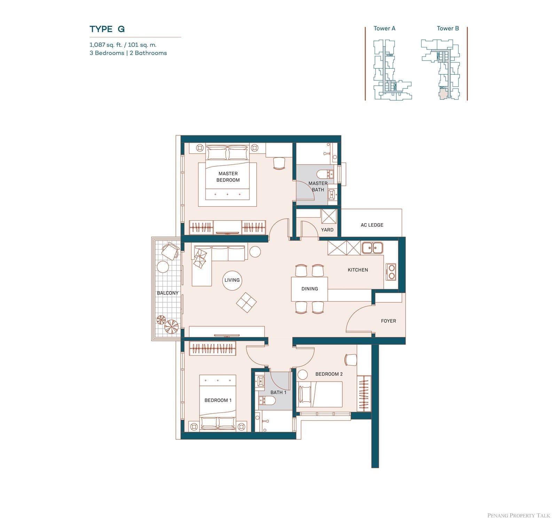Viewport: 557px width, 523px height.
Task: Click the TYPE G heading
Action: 107,29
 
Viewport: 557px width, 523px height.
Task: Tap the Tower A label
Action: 384,29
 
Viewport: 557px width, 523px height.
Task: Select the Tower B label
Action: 448,29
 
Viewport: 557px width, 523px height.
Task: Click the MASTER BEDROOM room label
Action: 228,177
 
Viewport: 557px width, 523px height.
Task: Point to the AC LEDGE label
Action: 372,225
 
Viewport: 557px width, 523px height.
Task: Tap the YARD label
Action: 327,230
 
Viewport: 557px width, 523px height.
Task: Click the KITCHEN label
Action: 358,270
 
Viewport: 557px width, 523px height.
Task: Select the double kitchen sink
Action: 372,248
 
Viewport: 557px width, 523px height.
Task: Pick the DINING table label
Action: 309,289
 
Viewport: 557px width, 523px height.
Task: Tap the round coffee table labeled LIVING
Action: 232,280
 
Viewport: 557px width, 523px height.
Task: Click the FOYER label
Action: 389,321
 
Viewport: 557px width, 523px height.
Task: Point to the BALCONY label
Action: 168,293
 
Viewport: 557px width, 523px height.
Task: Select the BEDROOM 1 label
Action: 218,400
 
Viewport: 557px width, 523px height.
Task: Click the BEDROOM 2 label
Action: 329,374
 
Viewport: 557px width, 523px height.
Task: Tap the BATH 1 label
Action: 278,392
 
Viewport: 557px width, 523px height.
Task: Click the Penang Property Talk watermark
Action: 519,515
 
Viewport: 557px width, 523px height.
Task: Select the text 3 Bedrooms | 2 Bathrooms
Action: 128,53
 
